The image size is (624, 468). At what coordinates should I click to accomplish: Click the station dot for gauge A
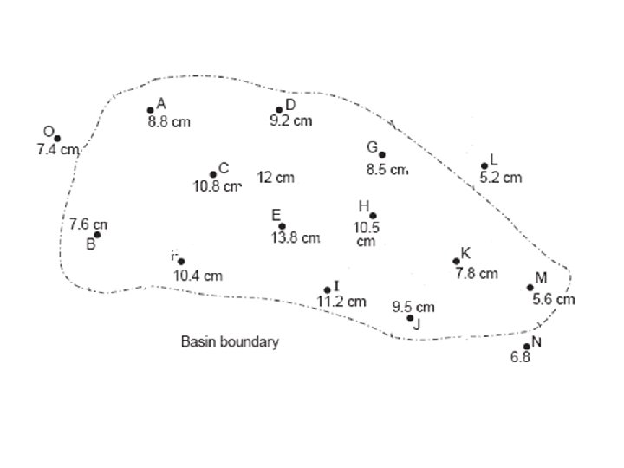[151, 110]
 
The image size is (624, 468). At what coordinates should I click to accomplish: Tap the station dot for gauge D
[279, 110]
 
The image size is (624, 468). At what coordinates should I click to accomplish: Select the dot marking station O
[57, 139]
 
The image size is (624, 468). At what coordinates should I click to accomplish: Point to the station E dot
[282, 226]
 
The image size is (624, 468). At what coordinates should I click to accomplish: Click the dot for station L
[484, 166]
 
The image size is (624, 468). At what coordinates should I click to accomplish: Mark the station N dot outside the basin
[527, 347]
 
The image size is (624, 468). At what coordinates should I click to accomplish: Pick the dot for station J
[410, 318]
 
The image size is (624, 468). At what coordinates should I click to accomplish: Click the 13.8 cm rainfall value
[296, 237]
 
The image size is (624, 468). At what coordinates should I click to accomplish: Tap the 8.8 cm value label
[169, 122]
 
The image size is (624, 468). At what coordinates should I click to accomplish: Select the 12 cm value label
[276, 178]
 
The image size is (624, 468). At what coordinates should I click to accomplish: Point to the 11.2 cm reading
[341, 302]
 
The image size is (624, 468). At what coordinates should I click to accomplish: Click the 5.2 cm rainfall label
[501, 178]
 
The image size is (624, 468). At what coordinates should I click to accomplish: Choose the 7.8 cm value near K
[477, 274]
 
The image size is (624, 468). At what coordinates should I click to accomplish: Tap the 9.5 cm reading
[413, 307]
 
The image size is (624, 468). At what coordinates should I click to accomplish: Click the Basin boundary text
[230, 341]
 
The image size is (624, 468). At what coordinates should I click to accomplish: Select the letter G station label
[371, 147]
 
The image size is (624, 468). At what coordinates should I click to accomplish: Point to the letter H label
[364, 206]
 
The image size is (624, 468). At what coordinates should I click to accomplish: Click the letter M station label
[541, 277]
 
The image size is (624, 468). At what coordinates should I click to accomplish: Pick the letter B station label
[90, 244]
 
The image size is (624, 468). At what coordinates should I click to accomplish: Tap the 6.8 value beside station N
[521, 358]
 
